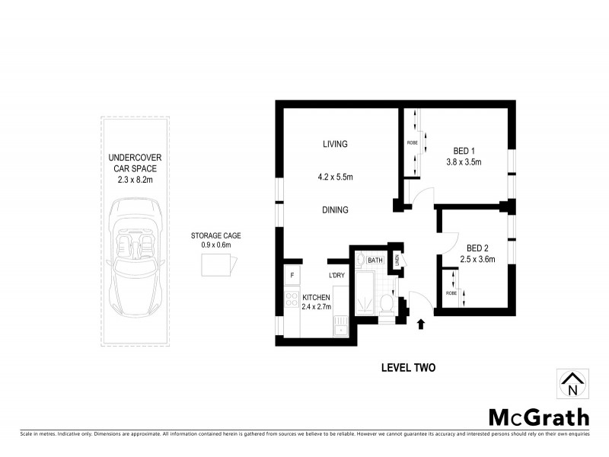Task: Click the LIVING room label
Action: coord(335,144)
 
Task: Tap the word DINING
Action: coord(335,209)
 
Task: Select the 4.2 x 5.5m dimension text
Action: coord(335,177)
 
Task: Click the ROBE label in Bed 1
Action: coord(412,142)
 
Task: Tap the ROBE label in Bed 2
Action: coord(451,292)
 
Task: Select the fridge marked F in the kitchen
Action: coord(291,275)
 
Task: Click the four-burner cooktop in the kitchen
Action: coord(291,299)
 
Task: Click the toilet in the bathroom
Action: coord(386,304)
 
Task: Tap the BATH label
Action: coord(375,260)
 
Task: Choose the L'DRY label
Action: coord(337,275)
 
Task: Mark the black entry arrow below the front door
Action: coord(422,325)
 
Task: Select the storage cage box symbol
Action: coord(218,265)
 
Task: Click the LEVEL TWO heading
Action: coord(407,368)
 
